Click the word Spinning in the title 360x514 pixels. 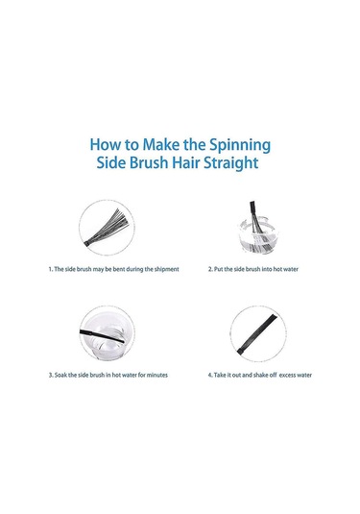240,145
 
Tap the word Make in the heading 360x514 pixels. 161,144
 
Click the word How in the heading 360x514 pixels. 105,144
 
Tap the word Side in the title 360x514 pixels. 111,162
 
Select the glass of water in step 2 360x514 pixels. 258,236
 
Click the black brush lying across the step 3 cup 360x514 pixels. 102,336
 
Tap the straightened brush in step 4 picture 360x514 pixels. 257,333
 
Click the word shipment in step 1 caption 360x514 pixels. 166,269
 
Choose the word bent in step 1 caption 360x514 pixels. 119,269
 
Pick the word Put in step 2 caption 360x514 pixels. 218,269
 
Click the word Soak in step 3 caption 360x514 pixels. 60,375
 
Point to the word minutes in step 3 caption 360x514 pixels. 156,375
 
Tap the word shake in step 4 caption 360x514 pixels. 261,375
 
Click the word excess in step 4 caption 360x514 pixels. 287,375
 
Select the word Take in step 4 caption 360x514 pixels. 220,375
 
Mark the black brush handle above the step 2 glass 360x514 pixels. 252,209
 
